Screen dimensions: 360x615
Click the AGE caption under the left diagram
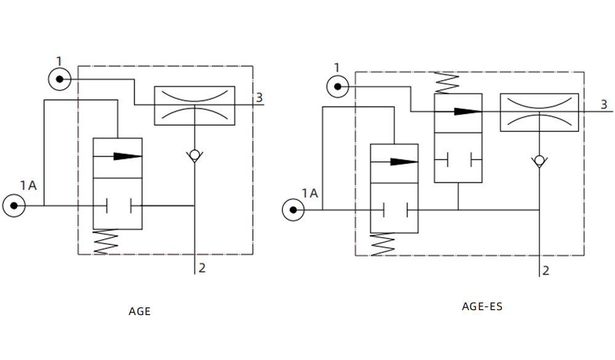140,311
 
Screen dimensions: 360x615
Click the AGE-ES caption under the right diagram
482,306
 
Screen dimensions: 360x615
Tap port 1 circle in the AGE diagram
59,79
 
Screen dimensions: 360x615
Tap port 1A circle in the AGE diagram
14,205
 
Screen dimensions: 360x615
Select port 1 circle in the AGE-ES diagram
338,87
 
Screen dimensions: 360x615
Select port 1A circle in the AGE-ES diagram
293,210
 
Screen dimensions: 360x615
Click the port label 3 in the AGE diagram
260,97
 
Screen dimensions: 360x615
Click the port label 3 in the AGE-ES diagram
604,105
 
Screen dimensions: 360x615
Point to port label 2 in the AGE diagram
202,268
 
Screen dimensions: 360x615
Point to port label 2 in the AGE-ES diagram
546,270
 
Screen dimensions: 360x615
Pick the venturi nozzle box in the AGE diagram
194,105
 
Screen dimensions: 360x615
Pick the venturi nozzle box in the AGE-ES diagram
539,112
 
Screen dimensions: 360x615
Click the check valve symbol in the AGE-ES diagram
539,161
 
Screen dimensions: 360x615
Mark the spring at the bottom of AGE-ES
384,244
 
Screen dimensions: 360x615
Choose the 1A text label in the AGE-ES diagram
310,193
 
